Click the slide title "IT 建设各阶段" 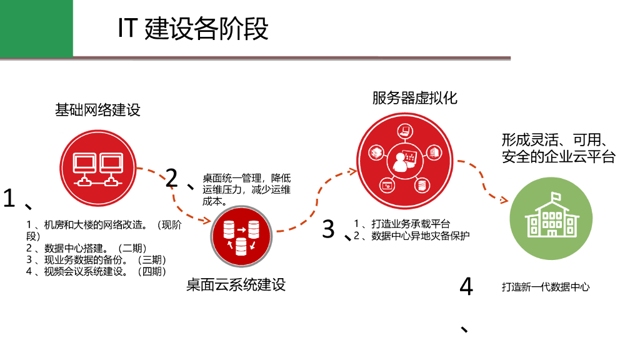193,29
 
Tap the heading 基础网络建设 97,111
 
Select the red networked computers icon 97,169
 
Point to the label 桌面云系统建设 236,285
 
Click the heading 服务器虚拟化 414,98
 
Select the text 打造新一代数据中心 545,287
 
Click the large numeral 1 9,199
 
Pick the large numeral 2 172,179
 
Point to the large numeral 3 329,229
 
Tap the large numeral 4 466,287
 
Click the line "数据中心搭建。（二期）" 91,248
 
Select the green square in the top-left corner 36,27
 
